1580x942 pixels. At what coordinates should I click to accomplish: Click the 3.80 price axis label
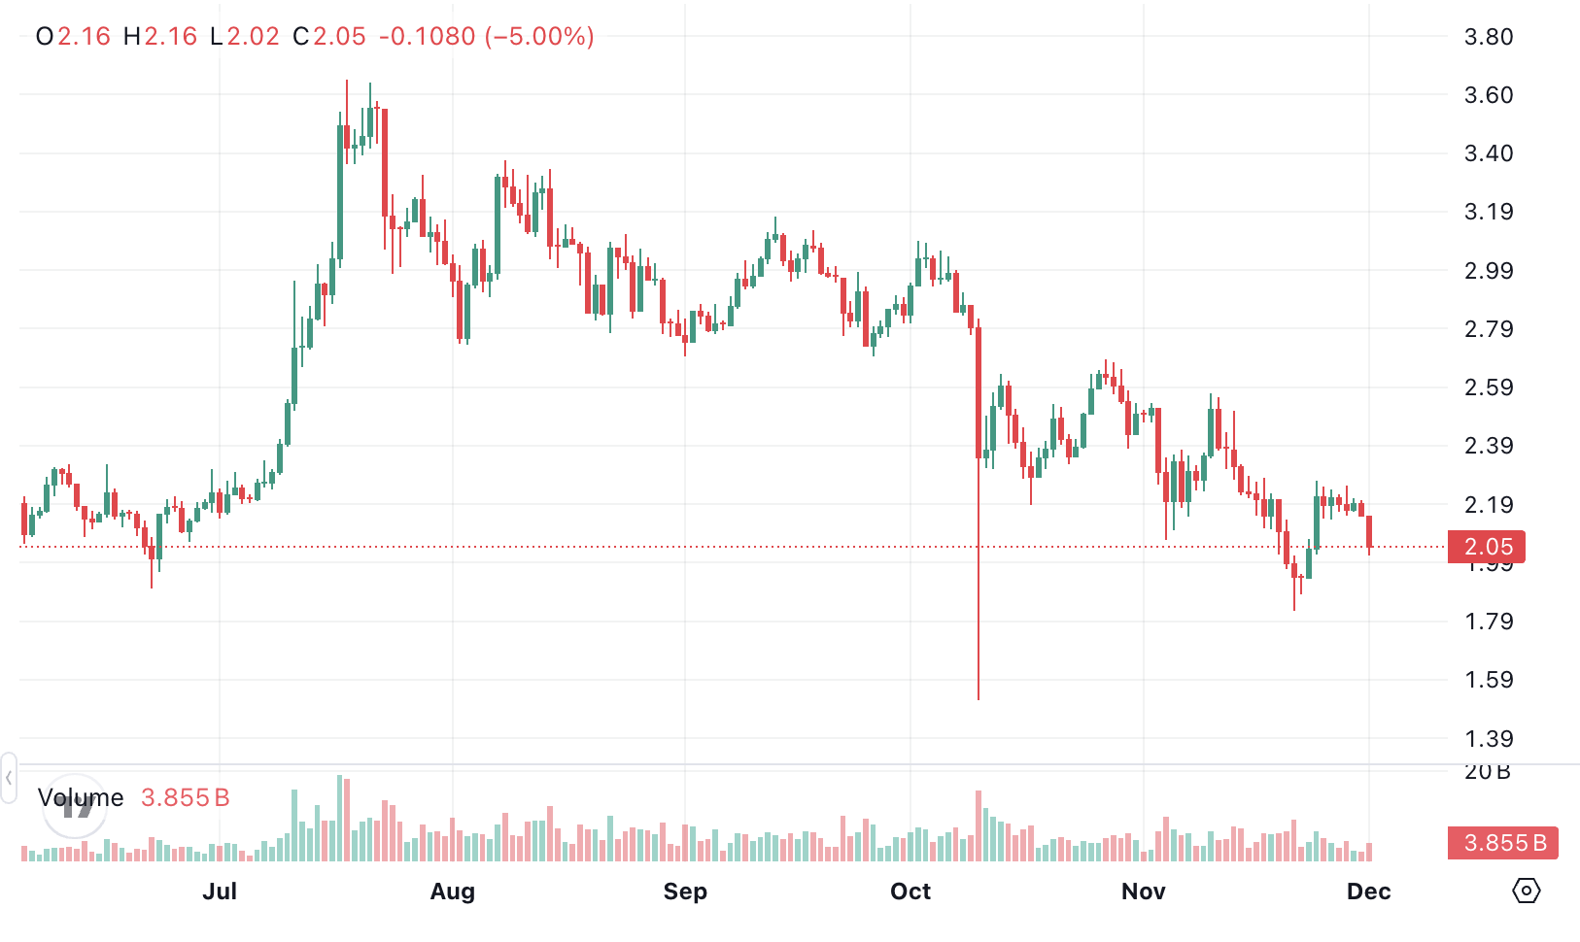pos(1488,37)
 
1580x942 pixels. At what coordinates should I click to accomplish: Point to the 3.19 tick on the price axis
pos(1488,212)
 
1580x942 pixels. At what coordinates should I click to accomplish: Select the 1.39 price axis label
pos(1488,739)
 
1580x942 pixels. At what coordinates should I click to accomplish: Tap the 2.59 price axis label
pos(1488,387)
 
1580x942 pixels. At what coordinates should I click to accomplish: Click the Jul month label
pos(220,892)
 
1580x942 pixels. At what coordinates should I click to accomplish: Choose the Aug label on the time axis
pos(452,892)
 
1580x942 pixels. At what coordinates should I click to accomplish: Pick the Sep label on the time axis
pos(685,892)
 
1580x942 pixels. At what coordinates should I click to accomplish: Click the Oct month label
pos(910,892)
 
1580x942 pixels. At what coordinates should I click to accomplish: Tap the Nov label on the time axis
pos(1143,892)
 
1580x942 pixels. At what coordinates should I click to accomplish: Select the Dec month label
pos(1368,892)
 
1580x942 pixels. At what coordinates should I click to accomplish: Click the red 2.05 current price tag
pos(1487,547)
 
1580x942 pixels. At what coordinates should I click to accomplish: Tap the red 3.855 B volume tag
pos(1502,843)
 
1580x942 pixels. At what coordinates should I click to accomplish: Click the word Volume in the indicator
pos(81,798)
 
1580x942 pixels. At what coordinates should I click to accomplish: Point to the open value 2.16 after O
pos(84,37)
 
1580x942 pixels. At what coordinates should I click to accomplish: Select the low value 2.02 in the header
pos(253,37)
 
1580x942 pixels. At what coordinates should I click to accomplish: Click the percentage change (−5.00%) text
pos(541,37)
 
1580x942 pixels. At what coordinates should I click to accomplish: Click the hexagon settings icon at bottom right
pos(1526,891)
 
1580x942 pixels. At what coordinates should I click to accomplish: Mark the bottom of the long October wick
pos(979,698)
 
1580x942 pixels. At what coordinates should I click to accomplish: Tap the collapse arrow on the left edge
pos(9,778)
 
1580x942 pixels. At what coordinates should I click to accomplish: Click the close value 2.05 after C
pos(339,37)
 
